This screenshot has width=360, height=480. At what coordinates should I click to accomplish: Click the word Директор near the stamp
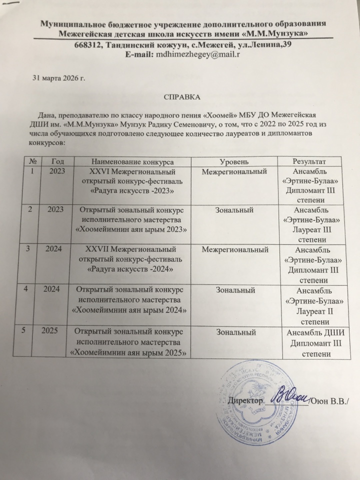(245, 401)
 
